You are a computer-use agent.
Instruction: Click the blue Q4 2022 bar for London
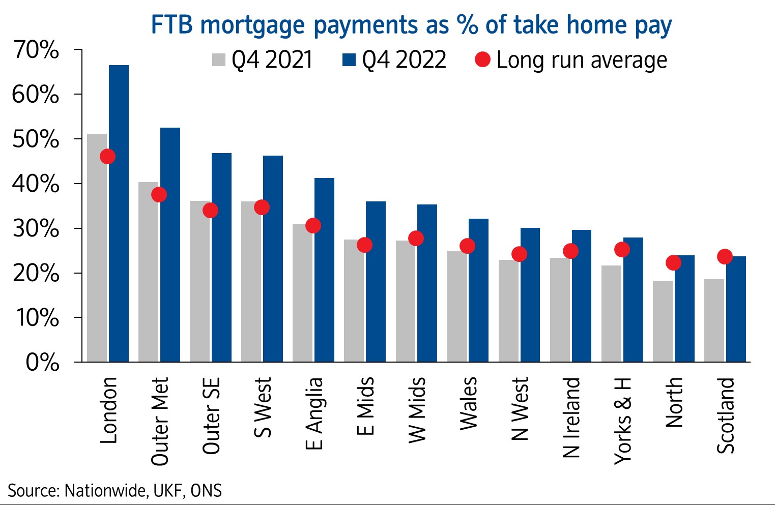tap(119, 214)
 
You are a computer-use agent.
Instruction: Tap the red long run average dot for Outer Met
tap(159, 194)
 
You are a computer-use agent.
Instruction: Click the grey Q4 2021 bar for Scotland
tap(714, 320)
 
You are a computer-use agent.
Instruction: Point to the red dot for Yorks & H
tap(622, 249)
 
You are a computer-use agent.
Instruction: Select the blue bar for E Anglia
tap(324, 270)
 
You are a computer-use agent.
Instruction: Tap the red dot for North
tap(673, 262)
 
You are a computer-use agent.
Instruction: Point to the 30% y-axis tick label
tap(36, 229)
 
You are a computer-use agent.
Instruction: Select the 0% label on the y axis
tap(42, 363)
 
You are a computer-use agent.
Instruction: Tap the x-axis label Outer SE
tap(211, 415)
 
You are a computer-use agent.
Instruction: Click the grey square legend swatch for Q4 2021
tap(218, 60)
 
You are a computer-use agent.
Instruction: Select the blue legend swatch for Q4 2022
tap(349, 60)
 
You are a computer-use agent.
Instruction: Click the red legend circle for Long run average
tap(482, 60)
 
